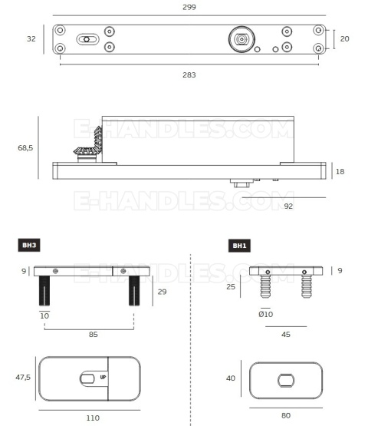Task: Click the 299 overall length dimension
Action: pyautogui.click(x=189, y=7)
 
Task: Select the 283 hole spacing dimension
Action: pyautogui.click(x=189, y=74)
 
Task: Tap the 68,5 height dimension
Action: pyautogui.click(x=25, y=148)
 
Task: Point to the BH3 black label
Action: pyautogui.click(x=29, y=245)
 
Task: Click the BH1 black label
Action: pyautogui.click(x=239, y=246)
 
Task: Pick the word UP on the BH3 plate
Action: pyautogui.click(x=103, y=377)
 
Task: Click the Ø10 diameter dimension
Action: pyautogui.click(x=266, y=315)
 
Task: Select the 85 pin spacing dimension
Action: pyautogui.click(x=93, y=334)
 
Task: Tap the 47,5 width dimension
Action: pyautogui.click(x=23, y=377)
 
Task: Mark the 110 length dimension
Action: pyautogui.click(x=93, y=418)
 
